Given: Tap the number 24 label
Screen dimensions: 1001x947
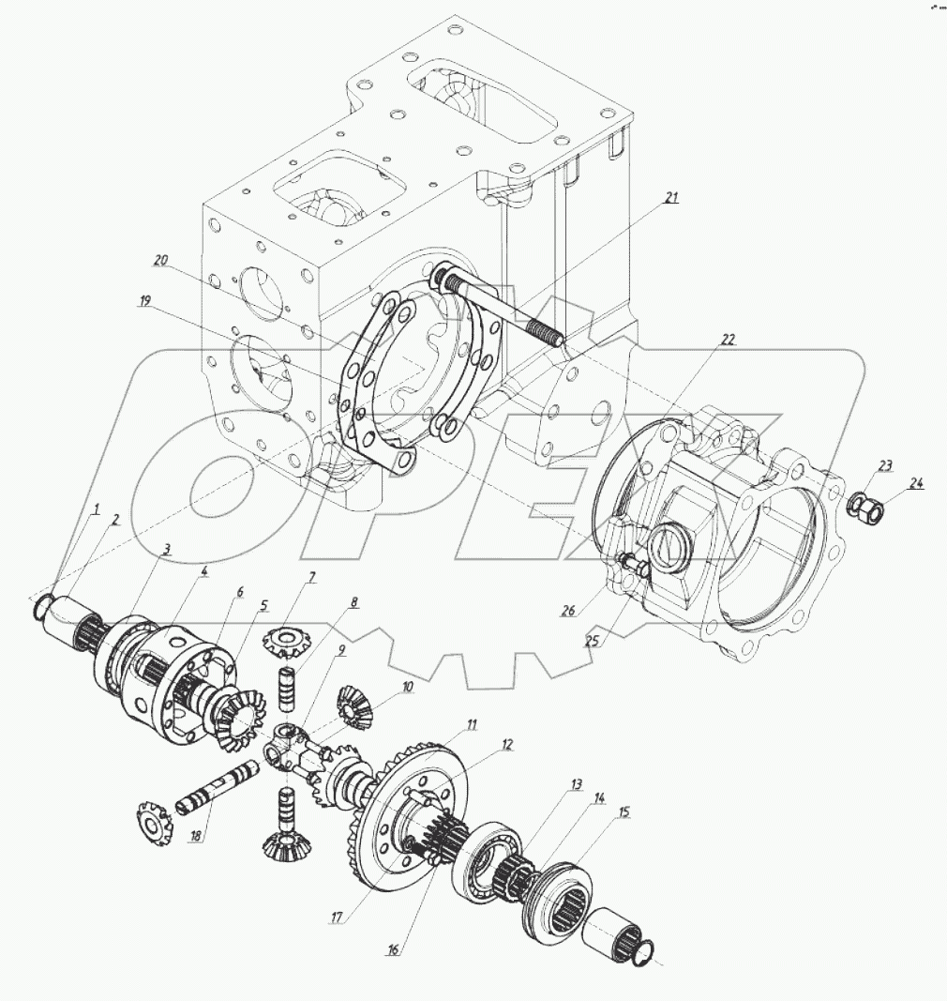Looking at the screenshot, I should point(915,484).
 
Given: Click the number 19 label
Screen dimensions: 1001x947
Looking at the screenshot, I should point(144,301).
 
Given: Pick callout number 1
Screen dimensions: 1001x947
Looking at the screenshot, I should point(95,509).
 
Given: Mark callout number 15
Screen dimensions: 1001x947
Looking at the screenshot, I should point(622,811).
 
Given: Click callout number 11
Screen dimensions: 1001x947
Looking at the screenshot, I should point(473,724).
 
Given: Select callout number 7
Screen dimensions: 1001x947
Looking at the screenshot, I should point(311,578).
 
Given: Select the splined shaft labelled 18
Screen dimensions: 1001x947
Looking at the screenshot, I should point(218,786).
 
